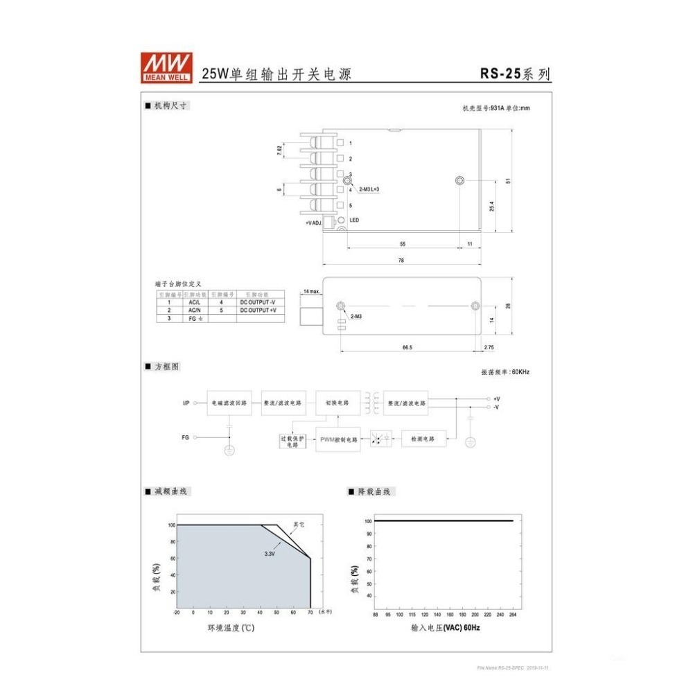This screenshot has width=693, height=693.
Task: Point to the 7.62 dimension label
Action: [x=279, y=150]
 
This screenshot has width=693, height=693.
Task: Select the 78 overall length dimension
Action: [x=401, y=261]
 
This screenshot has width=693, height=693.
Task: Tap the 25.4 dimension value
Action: [x=491, y=206]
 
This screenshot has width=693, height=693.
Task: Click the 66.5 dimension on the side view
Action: [x=407, y=347]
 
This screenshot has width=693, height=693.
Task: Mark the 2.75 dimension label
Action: [x=489, y=347]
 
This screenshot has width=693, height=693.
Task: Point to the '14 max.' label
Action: [x=311, y=292]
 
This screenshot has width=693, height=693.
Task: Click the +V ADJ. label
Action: [x=313, y=222]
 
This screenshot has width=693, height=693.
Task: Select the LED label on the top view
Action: [x=353, y=220]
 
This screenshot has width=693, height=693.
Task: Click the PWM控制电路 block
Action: [x=338, y=439]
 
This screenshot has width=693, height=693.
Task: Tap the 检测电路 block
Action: [x=423, y=439]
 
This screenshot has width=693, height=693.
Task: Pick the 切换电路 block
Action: [x=337, y=403]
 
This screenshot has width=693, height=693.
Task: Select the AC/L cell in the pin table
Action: [x=194, y=302]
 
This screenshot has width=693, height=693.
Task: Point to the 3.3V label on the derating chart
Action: [x=270, y=554]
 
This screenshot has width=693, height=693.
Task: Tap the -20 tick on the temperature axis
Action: [x=177, y=613]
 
